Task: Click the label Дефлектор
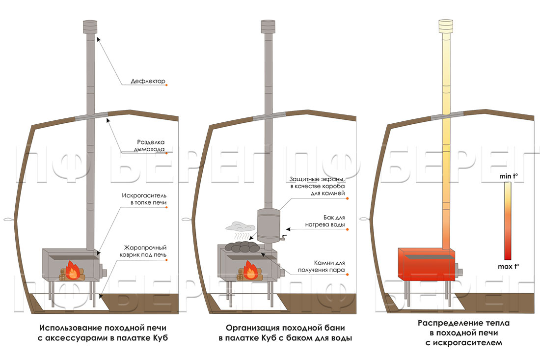pos(149,82)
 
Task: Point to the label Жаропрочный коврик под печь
pos(144,251)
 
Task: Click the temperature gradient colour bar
pos(508,221)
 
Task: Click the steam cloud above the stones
pos(237,226)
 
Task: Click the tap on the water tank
pos(282,240)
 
